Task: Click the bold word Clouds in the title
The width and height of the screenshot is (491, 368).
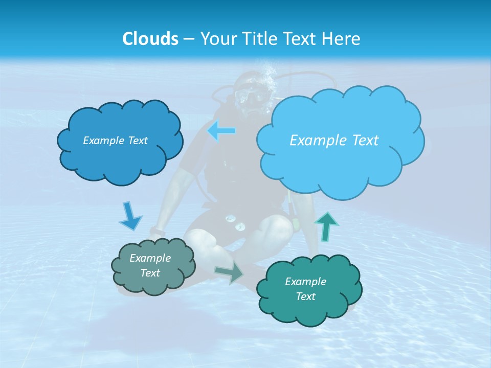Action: tap(150, 39)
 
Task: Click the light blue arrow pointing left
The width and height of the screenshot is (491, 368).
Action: tap(221, 131)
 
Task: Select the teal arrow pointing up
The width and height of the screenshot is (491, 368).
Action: tap(327, 226)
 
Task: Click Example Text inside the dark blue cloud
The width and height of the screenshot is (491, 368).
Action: tap(115, 141)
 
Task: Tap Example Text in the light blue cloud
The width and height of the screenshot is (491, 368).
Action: tap(334, 141)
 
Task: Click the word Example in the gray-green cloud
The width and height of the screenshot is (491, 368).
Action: tap(150, 259)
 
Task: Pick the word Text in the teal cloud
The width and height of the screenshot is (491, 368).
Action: tap(305, 296)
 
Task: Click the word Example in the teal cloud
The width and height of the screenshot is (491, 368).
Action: tap(305, 282)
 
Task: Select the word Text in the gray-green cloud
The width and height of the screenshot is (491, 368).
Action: tap(150, 273)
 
